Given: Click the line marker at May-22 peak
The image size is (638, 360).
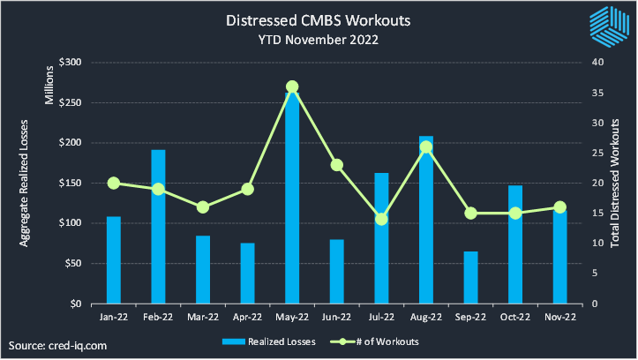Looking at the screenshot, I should (292, 87).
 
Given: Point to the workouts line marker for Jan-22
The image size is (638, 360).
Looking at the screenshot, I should (114, 183).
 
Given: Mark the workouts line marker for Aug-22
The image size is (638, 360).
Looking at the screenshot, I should (426, 146).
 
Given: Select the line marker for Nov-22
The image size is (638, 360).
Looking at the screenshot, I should (560, 207).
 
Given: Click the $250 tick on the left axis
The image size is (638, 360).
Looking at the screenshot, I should (70, 103).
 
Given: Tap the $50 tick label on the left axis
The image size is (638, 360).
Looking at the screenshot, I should (72, 264).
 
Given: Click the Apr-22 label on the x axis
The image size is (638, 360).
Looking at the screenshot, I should (247, 316).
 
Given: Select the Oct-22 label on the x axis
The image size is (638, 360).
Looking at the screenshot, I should (515, 316).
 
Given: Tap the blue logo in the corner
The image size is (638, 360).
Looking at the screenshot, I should (608, 26).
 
